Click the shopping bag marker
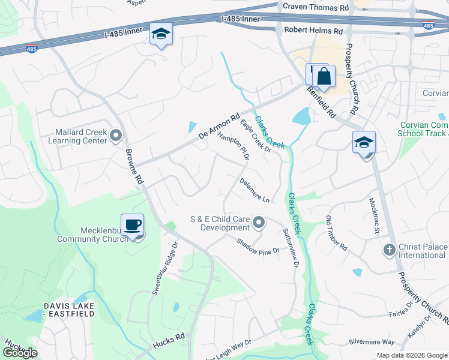(324, 77)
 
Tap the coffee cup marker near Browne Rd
(133, 225)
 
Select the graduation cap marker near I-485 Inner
(161, 34)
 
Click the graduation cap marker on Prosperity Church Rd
(364, 143)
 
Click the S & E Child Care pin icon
(259, 223)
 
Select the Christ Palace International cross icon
(389, 249)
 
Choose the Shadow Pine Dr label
(258, 246)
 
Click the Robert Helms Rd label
(313, 29)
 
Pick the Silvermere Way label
(372, 341)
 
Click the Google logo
(20, 353)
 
